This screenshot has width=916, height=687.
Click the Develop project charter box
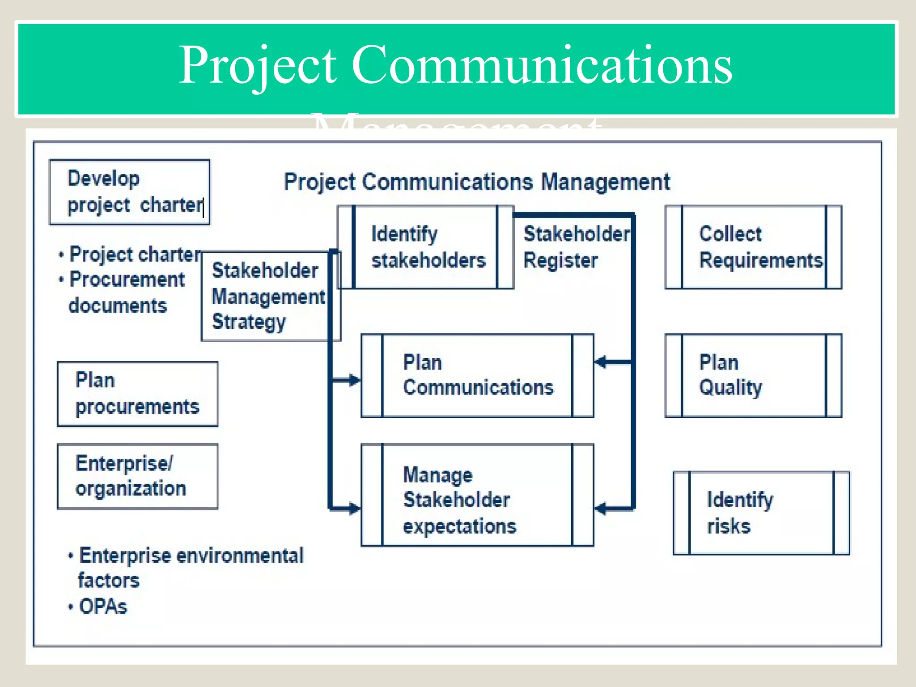tap(129, 192)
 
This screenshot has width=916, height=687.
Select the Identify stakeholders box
tap(425, 247)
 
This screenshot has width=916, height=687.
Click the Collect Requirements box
tap(753, 247)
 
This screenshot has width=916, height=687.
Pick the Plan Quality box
tap(753, 375)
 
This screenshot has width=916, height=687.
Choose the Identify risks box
tap(761, 513)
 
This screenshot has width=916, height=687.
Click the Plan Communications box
tap(477, 375)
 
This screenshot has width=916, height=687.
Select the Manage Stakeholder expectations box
tap(477, 495)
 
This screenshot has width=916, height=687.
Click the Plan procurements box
tap(137, 394)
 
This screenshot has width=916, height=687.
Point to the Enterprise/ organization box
tap(137, 476)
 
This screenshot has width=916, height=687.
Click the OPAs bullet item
tap(103, 606)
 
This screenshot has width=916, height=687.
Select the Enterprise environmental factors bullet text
tap(191, 567)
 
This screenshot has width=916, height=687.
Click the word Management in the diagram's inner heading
tap(605, 182)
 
